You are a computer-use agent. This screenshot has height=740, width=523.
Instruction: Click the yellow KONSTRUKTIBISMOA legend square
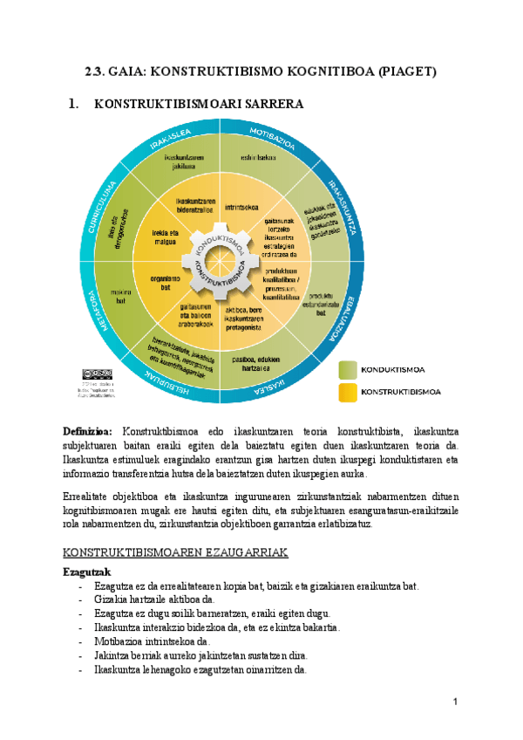coord(346,392)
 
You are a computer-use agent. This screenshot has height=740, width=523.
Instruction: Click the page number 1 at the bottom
coord(456,703)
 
